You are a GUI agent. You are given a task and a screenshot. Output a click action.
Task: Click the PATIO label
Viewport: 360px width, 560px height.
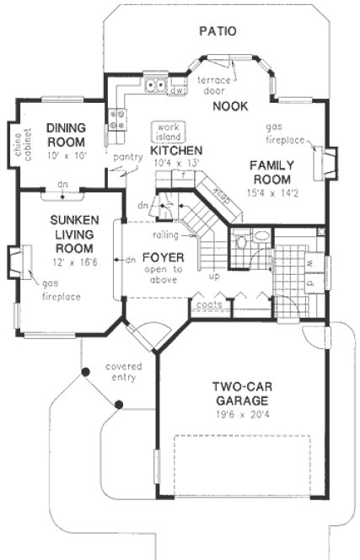218,31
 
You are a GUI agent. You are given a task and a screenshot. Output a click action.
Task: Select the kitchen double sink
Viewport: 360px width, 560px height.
154,84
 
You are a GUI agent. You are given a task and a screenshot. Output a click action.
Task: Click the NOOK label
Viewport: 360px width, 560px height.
228,105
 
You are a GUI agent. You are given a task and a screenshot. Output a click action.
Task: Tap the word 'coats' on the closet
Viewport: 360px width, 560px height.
206,305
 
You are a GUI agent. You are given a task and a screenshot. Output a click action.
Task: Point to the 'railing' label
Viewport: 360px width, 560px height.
164,235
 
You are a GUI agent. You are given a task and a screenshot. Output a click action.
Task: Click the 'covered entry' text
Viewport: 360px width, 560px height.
123,373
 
